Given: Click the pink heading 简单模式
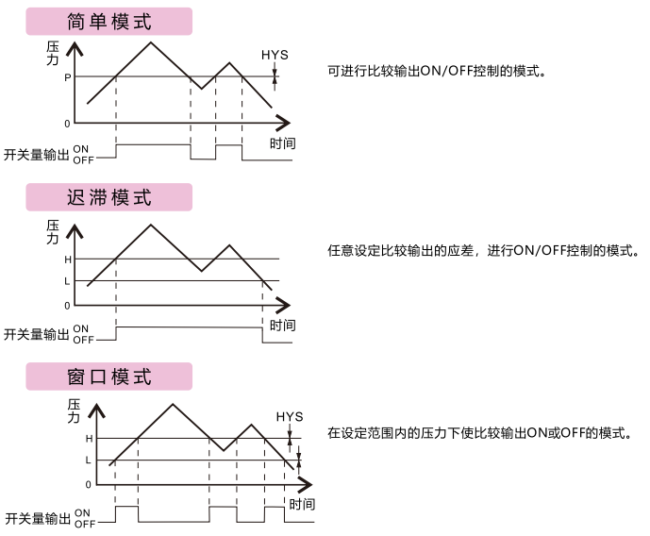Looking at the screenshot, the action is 109,21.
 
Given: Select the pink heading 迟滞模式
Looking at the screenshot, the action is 109,197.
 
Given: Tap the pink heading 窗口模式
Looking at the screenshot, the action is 109,377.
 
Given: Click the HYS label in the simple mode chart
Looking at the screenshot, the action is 275,55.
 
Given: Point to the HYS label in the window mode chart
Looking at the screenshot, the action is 290,416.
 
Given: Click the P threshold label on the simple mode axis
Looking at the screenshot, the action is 68,77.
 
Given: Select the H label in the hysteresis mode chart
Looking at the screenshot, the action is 68,260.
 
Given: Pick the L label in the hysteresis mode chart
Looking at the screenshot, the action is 67,281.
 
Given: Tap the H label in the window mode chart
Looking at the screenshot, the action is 89,439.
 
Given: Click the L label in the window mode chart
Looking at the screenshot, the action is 88,461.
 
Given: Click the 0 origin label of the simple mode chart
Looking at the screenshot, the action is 67,124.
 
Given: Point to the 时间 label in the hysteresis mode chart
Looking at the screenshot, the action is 283,326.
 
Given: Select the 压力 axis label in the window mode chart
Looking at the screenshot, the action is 74,410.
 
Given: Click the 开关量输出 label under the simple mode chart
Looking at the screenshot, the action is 37,155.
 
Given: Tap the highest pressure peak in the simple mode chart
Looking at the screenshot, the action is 151,42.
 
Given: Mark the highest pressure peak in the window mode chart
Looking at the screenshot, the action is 173,404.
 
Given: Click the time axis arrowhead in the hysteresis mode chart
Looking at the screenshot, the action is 284,306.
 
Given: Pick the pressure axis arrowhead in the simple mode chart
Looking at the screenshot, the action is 75,48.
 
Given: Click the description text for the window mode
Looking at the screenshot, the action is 480,433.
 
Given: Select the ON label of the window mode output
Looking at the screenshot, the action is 82,513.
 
